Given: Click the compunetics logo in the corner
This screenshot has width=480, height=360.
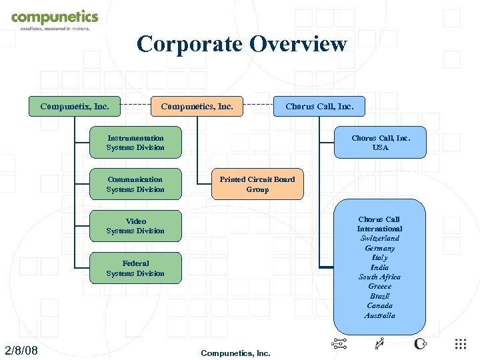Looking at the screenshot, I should coord(54,19).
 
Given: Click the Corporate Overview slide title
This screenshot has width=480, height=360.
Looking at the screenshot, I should coord(241,44).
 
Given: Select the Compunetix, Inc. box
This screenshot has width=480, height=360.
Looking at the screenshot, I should coord(75,106).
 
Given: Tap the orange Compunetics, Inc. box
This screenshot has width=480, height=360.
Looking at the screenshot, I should coord(197,106).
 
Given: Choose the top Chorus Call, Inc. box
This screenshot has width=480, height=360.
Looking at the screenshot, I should coord(320,106).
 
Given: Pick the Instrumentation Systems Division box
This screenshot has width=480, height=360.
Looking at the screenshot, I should coord(135,143).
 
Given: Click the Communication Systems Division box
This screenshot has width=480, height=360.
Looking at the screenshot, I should coord(135,184).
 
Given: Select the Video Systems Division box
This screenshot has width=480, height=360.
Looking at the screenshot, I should coord(135,226).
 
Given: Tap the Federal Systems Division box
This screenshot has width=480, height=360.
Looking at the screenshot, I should coord(135,268).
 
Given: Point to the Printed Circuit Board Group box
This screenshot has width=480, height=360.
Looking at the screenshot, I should coord(257,184).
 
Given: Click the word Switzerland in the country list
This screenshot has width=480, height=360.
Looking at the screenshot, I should coord(379,238).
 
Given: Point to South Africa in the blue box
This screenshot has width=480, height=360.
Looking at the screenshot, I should coord(379,277).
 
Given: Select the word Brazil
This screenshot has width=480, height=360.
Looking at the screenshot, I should coord(379,296).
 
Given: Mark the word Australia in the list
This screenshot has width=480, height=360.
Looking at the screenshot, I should coord(379,315).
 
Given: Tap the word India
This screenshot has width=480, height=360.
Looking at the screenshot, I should coord(379,267).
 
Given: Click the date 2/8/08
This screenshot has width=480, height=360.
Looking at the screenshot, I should coord(21,351).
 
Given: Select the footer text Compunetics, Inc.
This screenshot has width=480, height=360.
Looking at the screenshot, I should coord(235,353).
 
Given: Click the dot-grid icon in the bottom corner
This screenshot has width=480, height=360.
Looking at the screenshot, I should coord(461,344).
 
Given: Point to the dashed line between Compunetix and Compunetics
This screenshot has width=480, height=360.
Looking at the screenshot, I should coord(135,106).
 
